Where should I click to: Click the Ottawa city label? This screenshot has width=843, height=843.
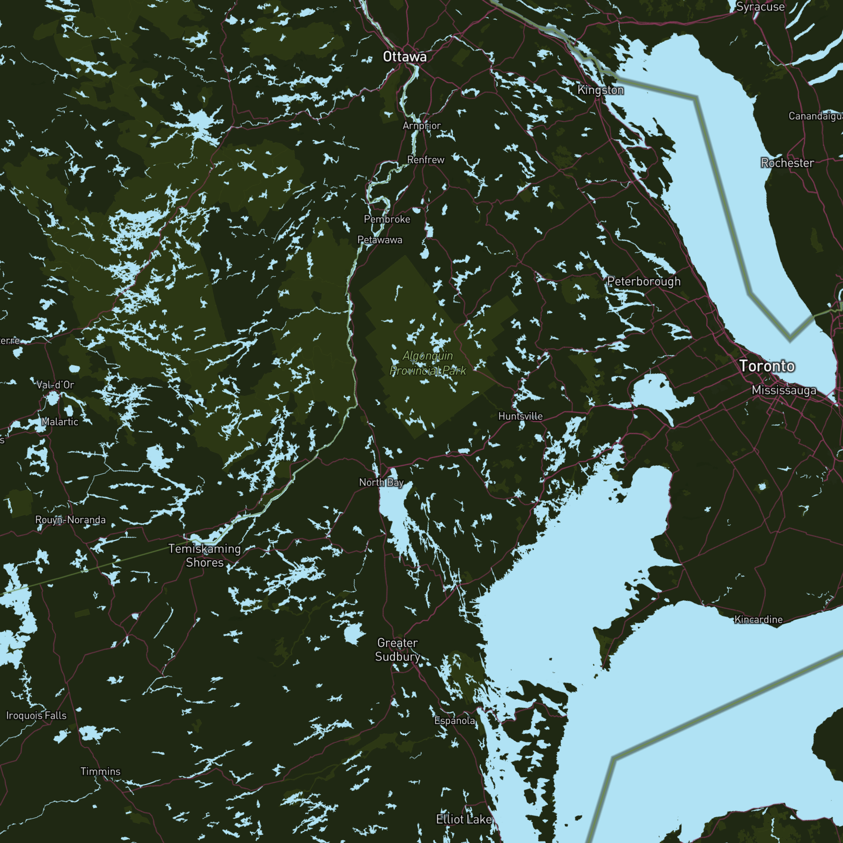click(404, 57)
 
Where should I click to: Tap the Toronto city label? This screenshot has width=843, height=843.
click(767, 366)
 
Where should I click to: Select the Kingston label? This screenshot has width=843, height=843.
click(600, 90)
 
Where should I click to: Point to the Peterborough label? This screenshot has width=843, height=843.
click(644, 282)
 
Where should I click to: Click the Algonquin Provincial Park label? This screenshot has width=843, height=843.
click(428, 363)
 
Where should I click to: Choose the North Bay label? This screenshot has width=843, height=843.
click(381, 483)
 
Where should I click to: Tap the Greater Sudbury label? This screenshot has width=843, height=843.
click(398, 649)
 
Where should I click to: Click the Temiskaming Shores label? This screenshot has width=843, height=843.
click(204, 556)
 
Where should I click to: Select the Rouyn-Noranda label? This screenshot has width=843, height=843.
click(70, 520)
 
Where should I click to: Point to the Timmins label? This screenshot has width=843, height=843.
click(100, 771)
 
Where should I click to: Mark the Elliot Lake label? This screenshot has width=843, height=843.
click(464, 819)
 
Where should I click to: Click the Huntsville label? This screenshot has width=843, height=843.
click(520, 416)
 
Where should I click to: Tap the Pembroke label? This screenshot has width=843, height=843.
click(387, 219)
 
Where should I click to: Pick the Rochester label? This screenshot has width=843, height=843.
click(787, 163)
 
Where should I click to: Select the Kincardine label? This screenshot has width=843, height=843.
click(758, 620)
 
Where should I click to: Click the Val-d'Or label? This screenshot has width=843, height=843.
click(55, 385)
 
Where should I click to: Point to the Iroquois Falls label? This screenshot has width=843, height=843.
click(37, 715)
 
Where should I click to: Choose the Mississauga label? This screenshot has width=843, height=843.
click(784, 390)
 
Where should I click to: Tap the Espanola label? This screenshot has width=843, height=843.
click(455, 720)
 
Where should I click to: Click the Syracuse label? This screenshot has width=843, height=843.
click(760, 7)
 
